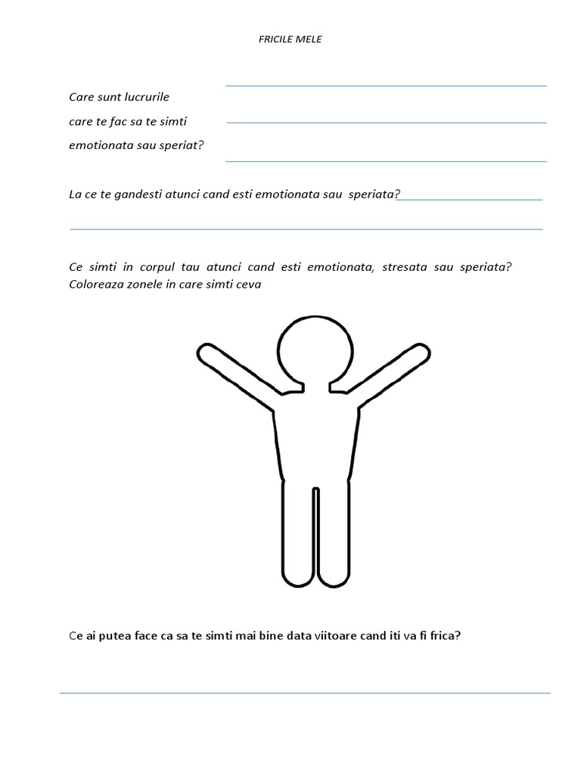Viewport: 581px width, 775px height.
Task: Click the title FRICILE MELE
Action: [x=290, y=39]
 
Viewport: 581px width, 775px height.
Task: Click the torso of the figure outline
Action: [x=315, y=439]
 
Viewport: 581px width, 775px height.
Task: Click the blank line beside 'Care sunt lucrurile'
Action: [x=386, y=86]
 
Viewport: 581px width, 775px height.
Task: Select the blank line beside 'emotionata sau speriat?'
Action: [x=386, y=160]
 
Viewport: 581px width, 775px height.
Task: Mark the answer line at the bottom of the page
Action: [x=305, y=693]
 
